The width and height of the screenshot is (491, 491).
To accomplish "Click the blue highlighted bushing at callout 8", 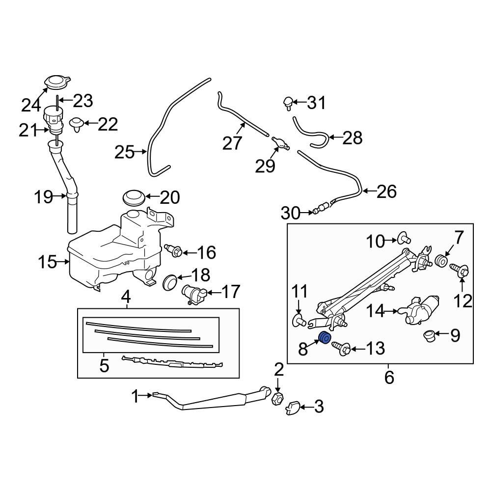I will (324, 338).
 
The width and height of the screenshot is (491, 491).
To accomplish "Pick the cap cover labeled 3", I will (293, 407).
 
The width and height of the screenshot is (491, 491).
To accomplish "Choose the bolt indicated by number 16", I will (174, 250).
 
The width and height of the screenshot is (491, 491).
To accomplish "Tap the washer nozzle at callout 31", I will (287, 103).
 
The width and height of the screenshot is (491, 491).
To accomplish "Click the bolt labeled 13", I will (342, 349).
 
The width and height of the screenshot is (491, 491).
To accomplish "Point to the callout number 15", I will (48, 262).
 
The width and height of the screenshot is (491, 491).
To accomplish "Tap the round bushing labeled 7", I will (441, 261).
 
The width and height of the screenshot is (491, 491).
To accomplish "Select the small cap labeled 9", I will (430, 336).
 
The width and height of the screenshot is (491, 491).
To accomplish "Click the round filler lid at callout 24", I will (56, 82).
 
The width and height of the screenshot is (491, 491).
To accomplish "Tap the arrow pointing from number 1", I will (148, 394).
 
